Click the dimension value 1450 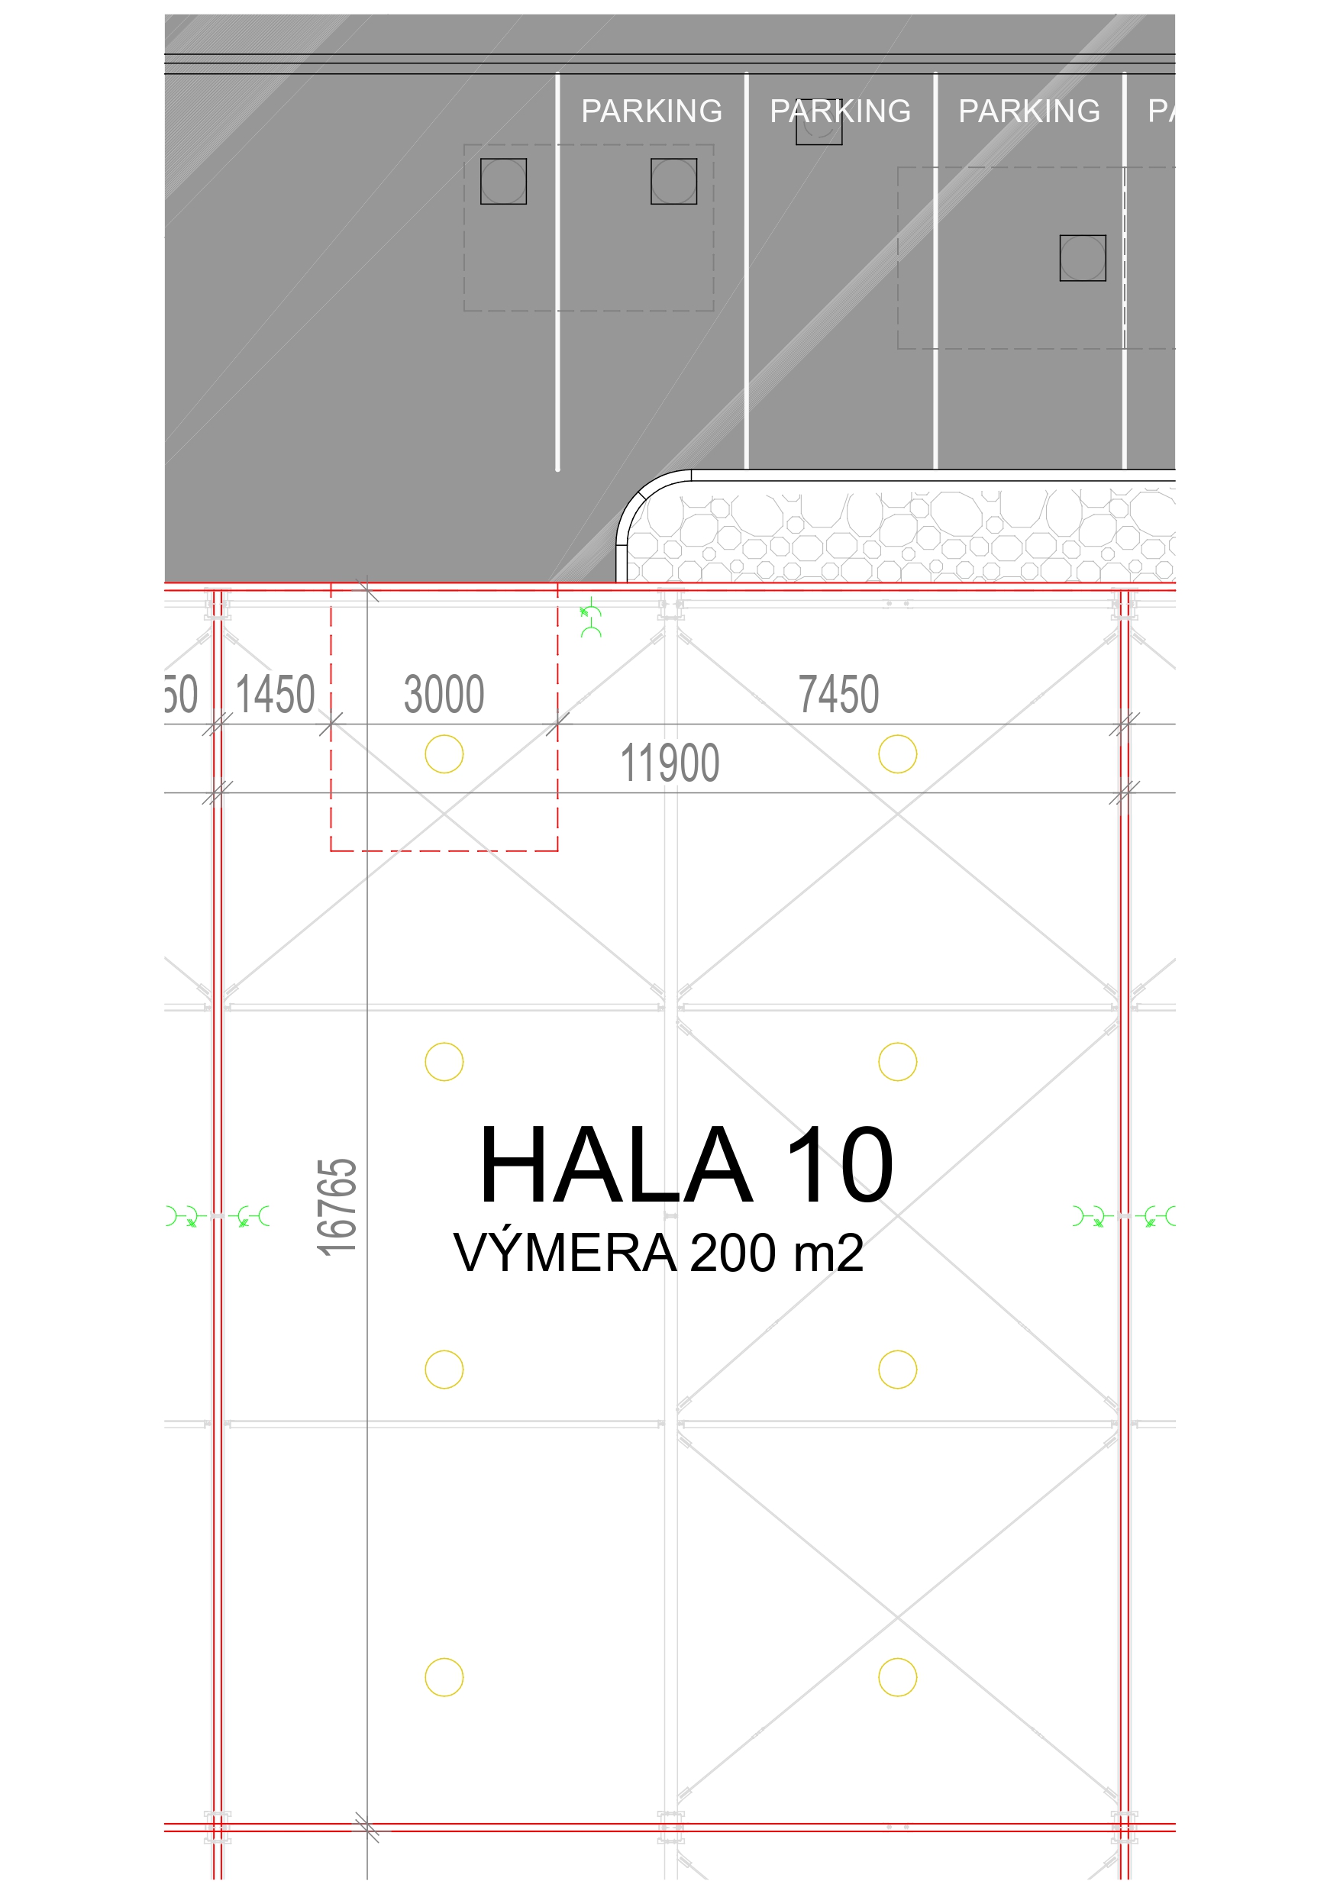click(x=276, y=694)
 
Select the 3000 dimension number click(x=444, y=694)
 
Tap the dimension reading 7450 click(x=838, y=694)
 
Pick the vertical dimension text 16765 click(x=337, y=1208)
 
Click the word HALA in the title click(x=615, y=1165)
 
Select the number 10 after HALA click(x=840, y=1165)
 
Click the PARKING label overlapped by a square click(x=840, y=111)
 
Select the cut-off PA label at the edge click(x=1161, y=111)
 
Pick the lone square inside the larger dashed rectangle click(x=1083, y=258)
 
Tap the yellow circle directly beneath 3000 click(x=444, y=754)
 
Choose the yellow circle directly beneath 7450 click(x=898, y=754)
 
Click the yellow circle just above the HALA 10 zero click(x=898, y=1062)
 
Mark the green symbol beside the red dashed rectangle click(x=591, y=617)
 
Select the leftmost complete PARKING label click(x=652, y=111)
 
